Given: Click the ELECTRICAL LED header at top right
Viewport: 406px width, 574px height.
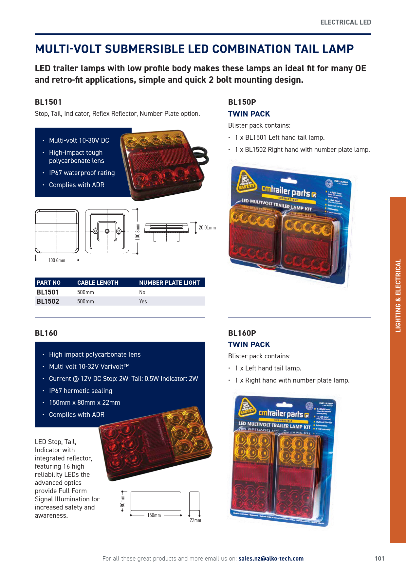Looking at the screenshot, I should point(345,22).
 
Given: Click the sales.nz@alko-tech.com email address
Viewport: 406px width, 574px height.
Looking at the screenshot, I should point(271,559).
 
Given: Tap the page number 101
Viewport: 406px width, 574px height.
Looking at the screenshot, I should point(379,559).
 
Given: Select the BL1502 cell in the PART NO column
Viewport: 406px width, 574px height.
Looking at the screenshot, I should point(48,301).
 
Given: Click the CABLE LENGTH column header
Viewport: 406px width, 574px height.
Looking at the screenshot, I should point(98,283).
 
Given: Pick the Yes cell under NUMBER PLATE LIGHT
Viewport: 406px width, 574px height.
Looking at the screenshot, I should point(143,301).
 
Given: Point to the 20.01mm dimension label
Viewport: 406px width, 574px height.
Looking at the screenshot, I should point(207,228).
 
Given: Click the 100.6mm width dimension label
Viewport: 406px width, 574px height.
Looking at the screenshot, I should point(57,260).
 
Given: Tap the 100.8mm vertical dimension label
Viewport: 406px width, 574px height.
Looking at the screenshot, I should point(138,232).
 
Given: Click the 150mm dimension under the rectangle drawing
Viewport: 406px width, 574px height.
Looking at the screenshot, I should point(154,515).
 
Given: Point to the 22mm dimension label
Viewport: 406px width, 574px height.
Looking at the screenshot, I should point(195,520).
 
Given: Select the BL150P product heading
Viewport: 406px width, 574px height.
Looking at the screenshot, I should point(242,102).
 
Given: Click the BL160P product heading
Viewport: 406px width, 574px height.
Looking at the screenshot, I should point(242,333).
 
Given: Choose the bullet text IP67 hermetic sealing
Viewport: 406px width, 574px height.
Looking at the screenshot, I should point(81,391).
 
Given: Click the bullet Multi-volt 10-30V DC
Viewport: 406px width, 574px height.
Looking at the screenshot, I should point(79,140).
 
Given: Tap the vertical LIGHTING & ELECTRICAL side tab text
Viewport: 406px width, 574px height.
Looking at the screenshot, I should point(398,296).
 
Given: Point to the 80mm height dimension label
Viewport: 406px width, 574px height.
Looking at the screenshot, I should point(123,501).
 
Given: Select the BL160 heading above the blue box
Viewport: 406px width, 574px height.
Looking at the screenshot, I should point(46,333).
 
